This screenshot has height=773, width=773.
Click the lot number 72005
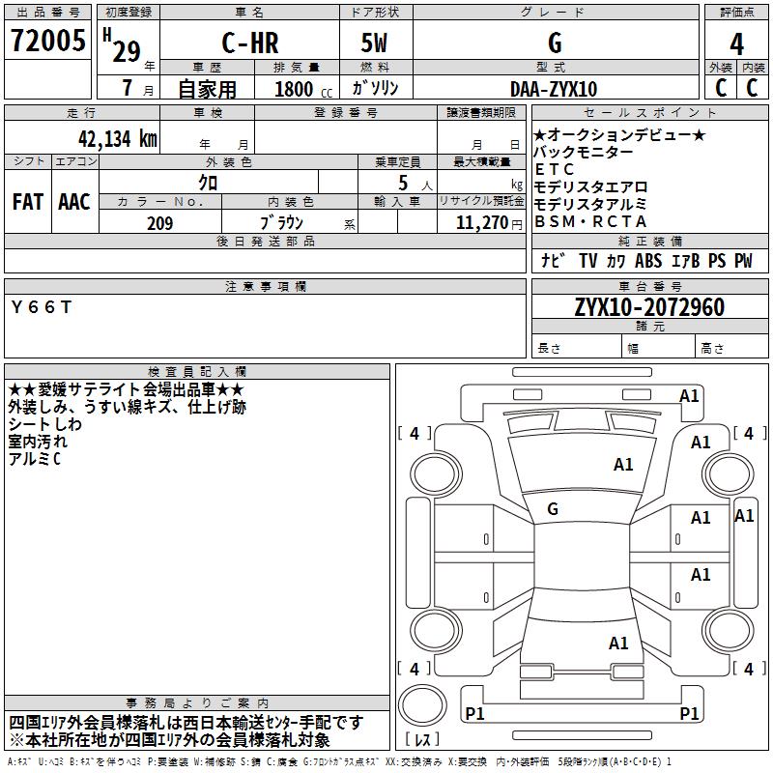coord(48,42)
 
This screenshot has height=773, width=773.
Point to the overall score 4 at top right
coord(736,44)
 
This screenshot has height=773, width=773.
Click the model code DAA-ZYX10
coord(554,89)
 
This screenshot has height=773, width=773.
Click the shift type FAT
coord(27,202)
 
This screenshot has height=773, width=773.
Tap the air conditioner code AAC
coord(73,202)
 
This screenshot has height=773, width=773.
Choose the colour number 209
coord(160,223)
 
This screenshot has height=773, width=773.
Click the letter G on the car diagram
coord(553,508)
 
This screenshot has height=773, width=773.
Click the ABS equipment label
coord(648,261)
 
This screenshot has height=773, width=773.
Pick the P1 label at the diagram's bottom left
coord(474,714)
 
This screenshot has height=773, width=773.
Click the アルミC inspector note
coord(35,459)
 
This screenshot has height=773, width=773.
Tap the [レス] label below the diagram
coord(422,741)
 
